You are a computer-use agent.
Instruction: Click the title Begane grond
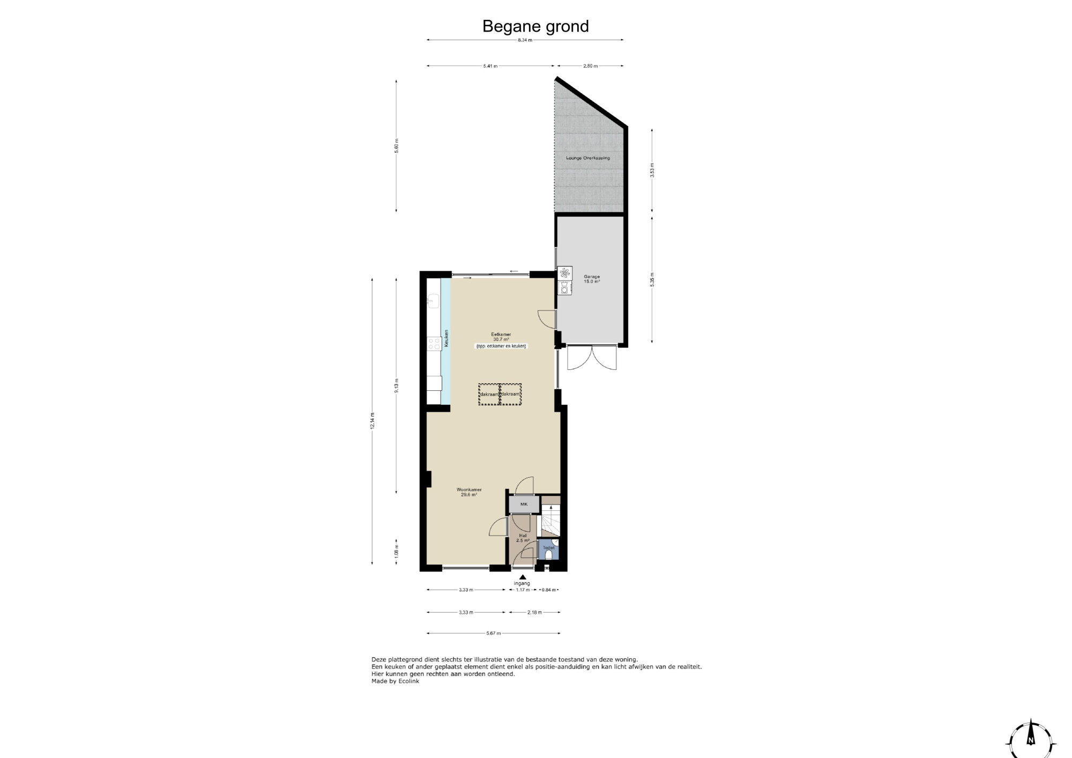coord(535,26)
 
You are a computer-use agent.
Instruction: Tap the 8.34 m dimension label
coord(525,40)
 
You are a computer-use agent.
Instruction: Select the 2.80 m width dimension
coord(590,66)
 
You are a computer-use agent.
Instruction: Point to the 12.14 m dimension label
coord(373,420)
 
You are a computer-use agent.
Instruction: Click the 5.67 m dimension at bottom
coord(494,633)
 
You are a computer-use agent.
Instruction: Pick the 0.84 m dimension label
coord(549,590)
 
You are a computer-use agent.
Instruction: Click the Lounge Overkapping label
coord(588,158)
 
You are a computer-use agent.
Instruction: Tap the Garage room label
coord(592,279)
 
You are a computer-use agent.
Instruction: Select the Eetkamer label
coord(501,335)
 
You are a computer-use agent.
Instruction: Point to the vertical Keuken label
coord(446,338)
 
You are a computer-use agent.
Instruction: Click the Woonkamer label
coord(469,489)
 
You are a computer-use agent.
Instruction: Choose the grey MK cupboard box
coord(524,504)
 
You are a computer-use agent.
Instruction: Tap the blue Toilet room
coord(548,549)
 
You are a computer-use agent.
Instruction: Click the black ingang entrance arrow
coord(523,577)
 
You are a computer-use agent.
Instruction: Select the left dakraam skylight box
coord(489,394)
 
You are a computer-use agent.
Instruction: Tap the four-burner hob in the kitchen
coord(434,344)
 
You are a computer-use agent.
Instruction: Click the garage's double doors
coord(592,358)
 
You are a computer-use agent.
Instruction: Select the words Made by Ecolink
coord(396,681)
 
